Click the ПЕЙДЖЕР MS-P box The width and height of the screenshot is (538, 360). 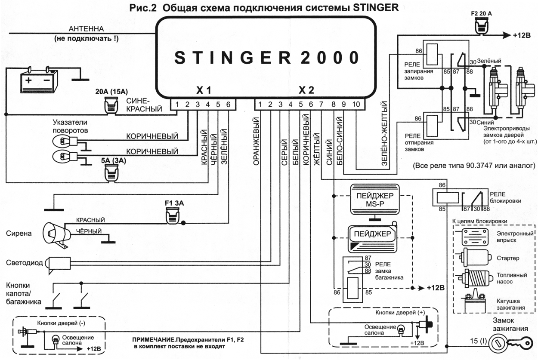click(x=375, y=199)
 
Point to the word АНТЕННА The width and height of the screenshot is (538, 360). click(x=86, y=29)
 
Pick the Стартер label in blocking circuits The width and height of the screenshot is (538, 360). click(x=508, y=258)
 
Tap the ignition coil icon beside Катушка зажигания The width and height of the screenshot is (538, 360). click(x=475, y=302)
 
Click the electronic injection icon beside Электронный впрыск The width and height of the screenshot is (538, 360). click(x=475, y=237)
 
